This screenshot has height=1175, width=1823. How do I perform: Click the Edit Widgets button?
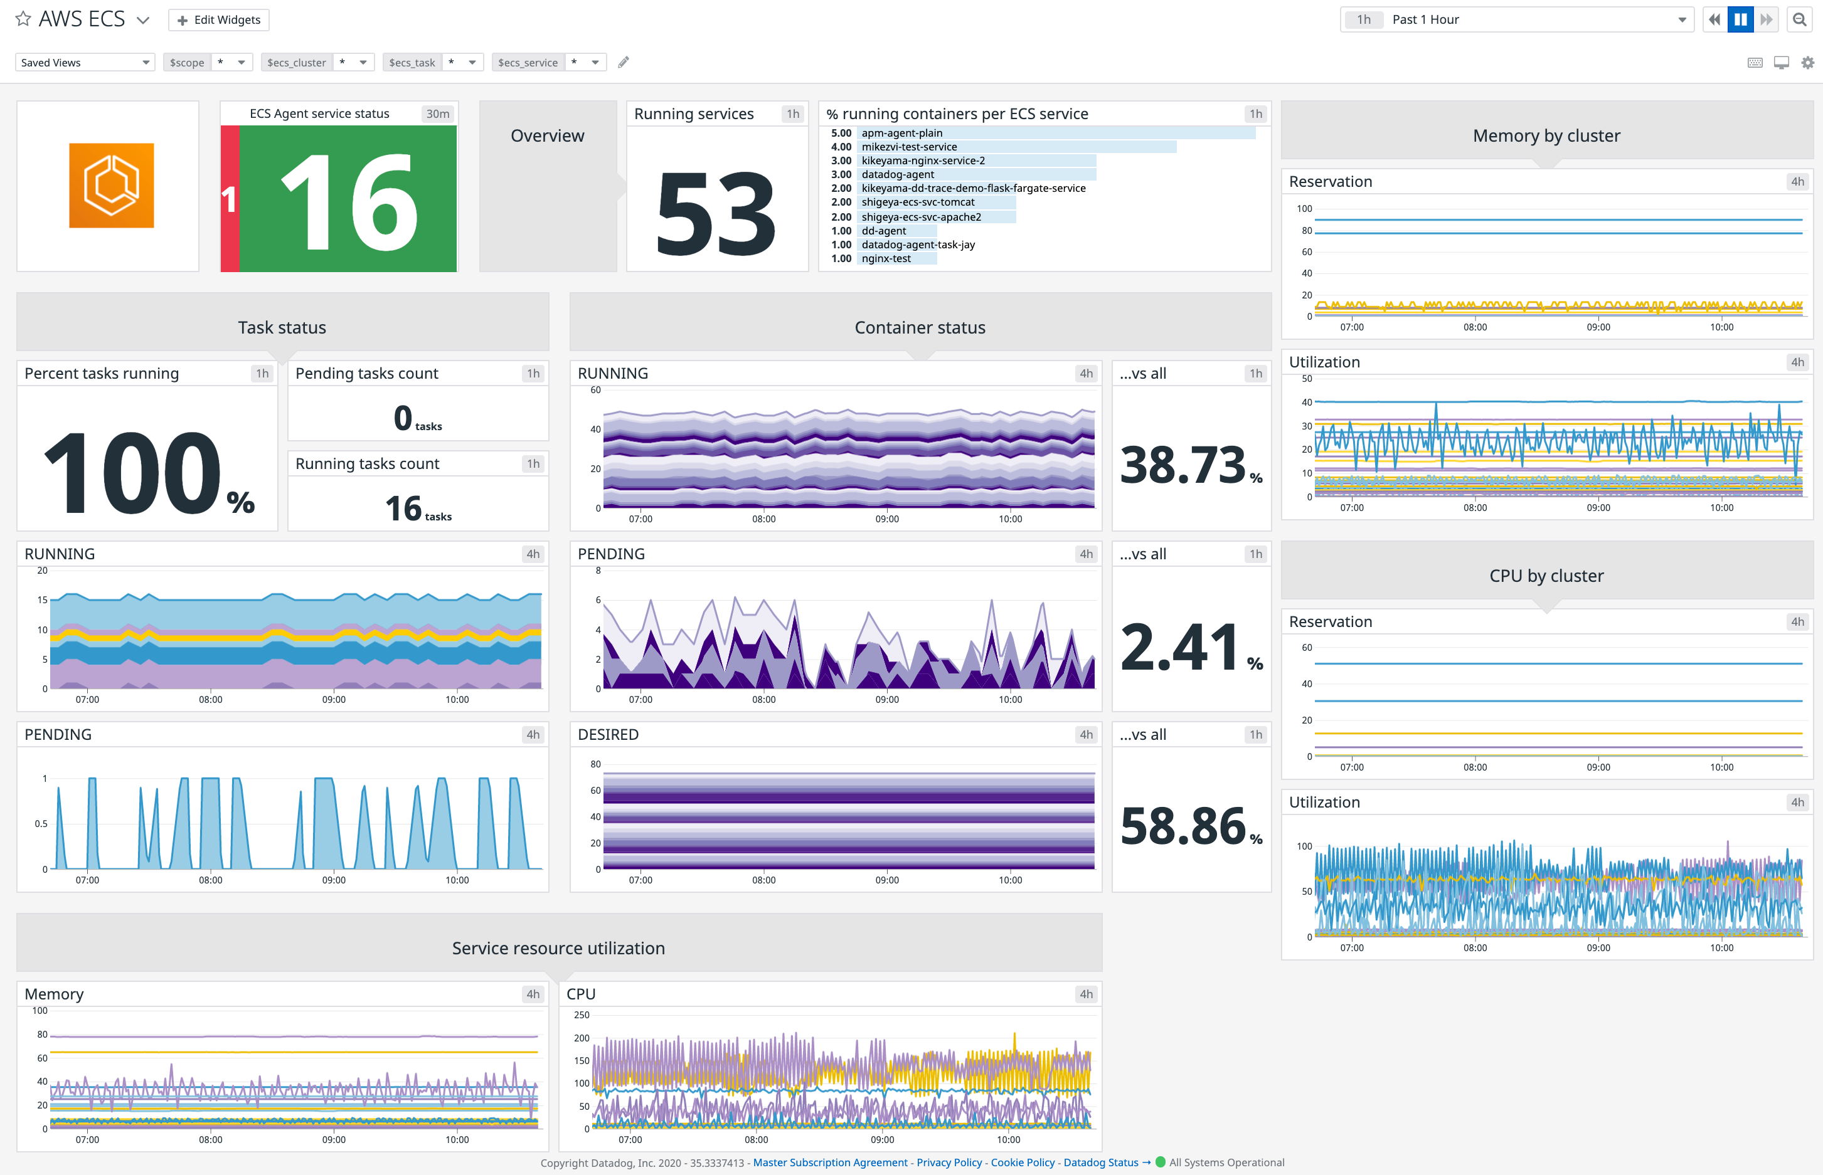click(219, 20)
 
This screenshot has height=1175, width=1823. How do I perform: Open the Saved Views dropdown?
click(85, 63)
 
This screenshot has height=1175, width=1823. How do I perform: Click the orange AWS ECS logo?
click(112, 186)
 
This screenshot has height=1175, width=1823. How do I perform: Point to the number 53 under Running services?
click(716, 213)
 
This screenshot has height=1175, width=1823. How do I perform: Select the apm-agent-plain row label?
click(901, 133)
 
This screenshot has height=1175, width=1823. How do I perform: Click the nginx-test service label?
click(886, 259)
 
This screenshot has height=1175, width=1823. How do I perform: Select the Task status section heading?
click(282, 327)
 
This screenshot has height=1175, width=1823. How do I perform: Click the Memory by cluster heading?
click(1546, 136)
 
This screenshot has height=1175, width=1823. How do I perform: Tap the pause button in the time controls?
click(1741, 20)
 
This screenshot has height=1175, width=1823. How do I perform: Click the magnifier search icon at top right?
click(1799, 20)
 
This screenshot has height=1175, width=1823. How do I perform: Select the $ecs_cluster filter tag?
click(296, 63)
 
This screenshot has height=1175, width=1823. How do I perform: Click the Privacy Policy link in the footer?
click(949, 1162)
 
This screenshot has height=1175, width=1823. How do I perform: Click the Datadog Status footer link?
click(1100, 1162)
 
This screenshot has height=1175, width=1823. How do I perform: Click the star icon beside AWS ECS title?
click(24, 19)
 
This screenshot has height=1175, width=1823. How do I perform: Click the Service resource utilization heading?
click(558, 947)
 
